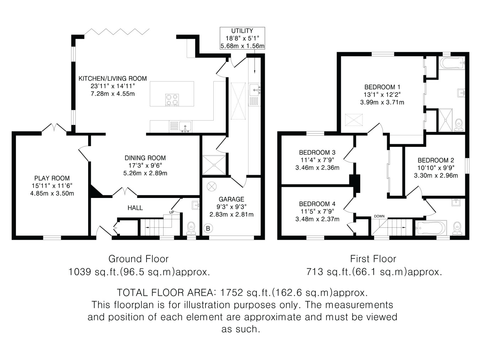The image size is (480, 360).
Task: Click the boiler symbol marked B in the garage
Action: click(x=208, y=229)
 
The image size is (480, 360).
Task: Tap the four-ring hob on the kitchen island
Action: click(x=172, y=100)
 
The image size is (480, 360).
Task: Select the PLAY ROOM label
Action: click(x=52, y=178)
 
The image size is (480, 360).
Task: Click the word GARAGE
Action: click(x=231, y=199)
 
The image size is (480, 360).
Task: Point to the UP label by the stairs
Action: click(x=171, y=212)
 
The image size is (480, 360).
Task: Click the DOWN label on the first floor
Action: click(x=379, y=216)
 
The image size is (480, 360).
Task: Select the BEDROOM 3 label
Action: click(x=317, y=152)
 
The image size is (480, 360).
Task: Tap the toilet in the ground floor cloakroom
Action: click(x=191, y=229)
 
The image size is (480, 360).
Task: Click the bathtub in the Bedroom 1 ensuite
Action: click(x=452, y=63)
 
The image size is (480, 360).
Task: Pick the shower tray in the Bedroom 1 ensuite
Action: click(x=446, y=120)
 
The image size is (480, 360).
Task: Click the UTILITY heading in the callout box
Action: click(x=242, y=31)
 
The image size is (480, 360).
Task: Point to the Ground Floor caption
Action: click(x=138, y=259)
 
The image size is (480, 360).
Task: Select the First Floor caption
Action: click(x=373, y=259)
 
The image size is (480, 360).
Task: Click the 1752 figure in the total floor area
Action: click(x=231, y=292)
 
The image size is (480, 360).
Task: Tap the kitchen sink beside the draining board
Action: click(x=185, y=127)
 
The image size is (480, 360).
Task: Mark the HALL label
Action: click(x=135, y=208)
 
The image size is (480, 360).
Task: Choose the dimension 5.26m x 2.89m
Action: click(x=145, y=173)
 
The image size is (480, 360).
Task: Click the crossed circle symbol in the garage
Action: click(x=212, y=187)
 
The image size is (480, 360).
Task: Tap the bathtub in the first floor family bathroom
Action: click(x=431, y=228)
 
